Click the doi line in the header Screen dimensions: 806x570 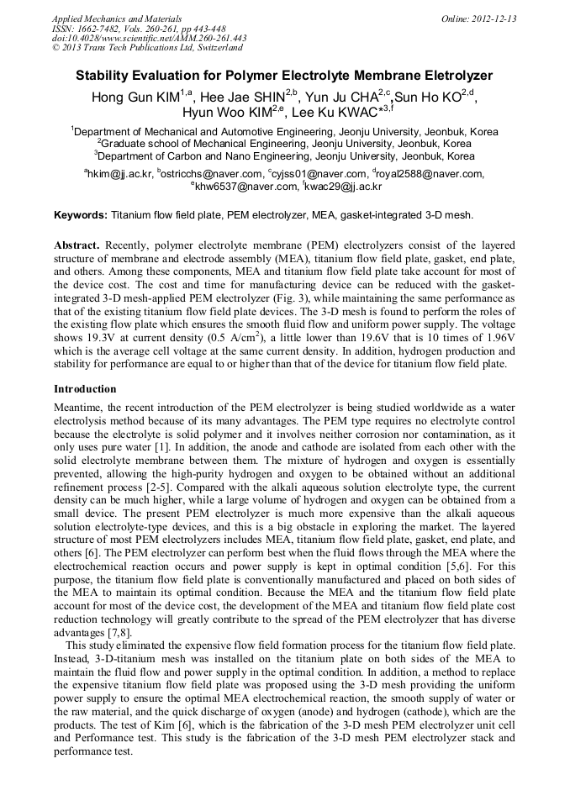click(149, 38)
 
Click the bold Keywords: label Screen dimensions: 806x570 click(81, 215)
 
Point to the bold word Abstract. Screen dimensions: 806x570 click(77, 244)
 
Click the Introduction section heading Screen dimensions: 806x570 click(85, 389)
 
